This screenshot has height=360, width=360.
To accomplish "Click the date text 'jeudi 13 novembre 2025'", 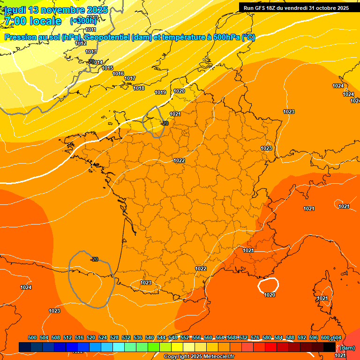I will tap(56, 10).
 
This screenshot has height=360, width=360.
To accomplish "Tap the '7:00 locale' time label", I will tap(32, 21).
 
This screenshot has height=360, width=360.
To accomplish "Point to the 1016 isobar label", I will tap(118, 74).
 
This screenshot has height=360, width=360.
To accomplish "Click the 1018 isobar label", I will tap(139, 88).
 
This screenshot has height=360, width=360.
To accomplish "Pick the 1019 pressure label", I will tap(160, 92).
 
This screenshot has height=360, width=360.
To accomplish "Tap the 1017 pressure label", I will tap(130, 78).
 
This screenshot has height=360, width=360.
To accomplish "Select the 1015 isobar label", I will tap(107, 68).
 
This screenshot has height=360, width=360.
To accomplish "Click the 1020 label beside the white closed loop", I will tap(270, 295).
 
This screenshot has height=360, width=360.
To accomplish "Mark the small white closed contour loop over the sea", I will tap(268, 284).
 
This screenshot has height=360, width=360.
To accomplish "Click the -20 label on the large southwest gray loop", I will tap(94, 259).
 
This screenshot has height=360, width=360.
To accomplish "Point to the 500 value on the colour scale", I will tap(32, 337).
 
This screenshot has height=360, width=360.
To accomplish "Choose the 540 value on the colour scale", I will tap(150, 337).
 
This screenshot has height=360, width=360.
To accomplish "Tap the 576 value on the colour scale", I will tap(255, 337).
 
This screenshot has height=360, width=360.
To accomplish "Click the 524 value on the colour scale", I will tap(103, 337).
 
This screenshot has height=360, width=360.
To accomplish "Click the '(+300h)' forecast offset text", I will tap(83, 21).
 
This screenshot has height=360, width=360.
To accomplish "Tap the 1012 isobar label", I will tap(81, 43).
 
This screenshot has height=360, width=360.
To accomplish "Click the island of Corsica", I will tap(322, 291).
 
